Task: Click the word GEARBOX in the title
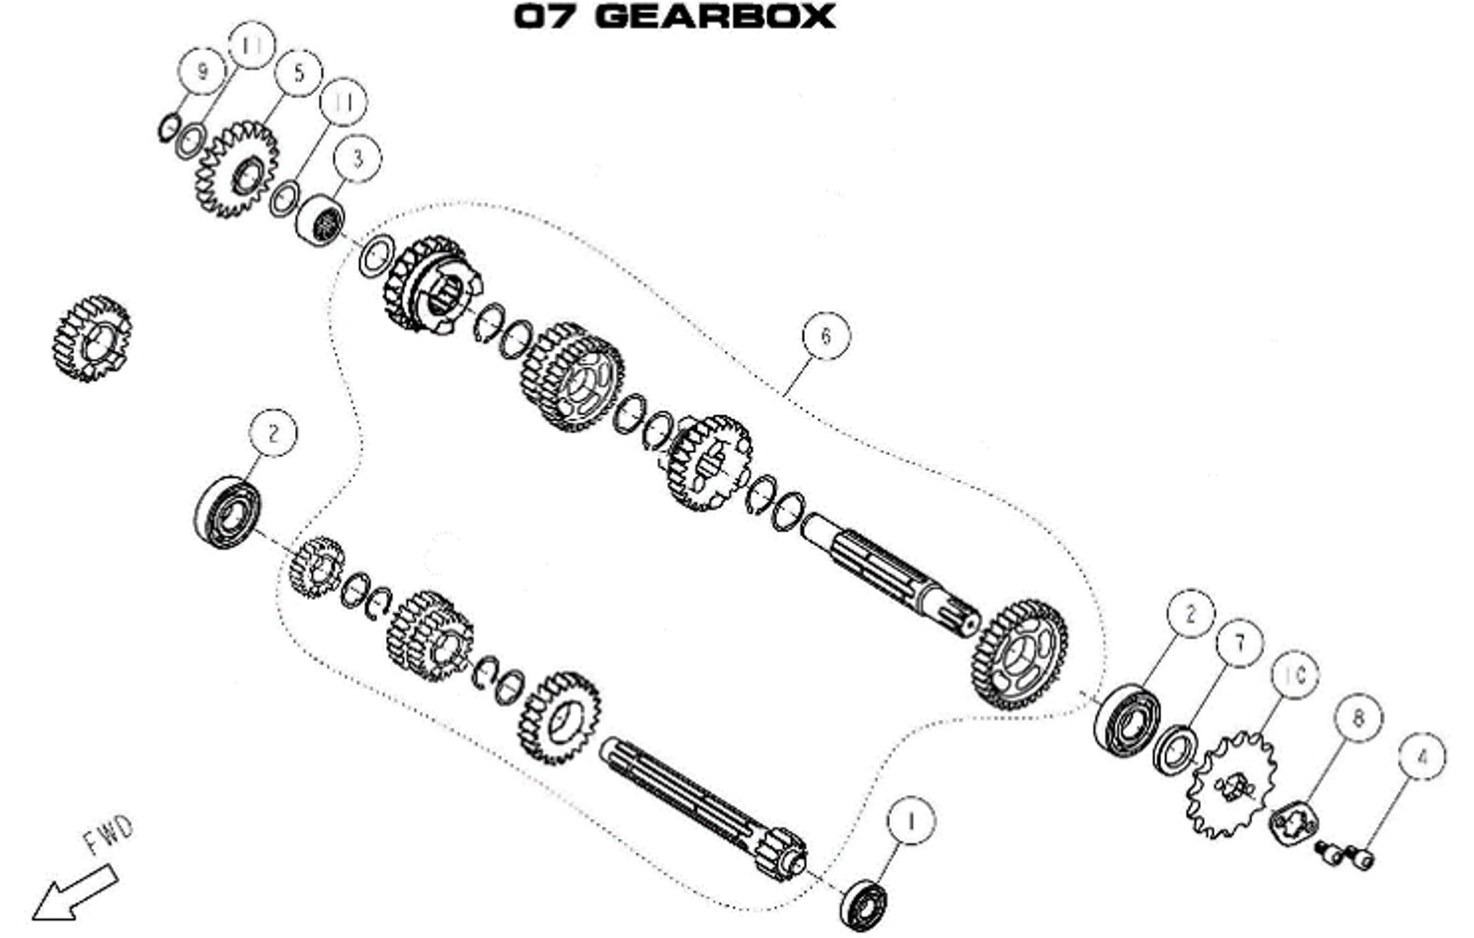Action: [x=714, y=16]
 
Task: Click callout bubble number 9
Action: [x=202, y=72]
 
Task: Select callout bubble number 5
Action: [x=298, y=72]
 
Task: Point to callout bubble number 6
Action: [x=825, y=335]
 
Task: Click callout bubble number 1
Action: [x=911, y=821]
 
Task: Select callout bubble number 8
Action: [x=1358, y=718]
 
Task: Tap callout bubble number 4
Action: [x=1421, y=756]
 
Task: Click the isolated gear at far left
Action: [x=91, y=339]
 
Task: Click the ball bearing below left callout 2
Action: [x=226, y=513]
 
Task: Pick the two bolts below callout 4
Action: [x=1345, y=853]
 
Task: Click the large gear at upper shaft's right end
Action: [x=1019, y=656]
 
